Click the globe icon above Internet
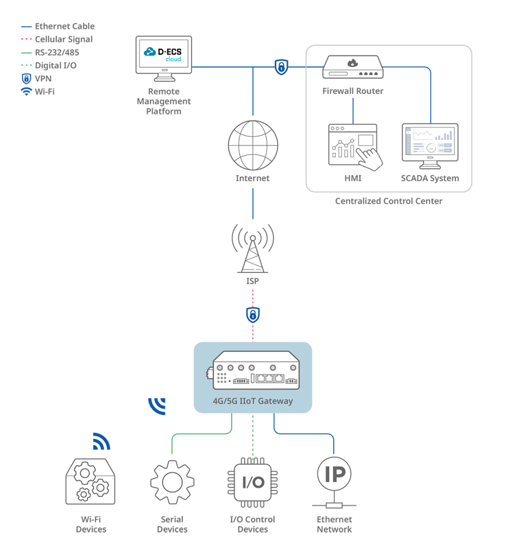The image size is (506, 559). tap(253, 145)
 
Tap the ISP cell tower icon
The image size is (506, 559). tap(253, 249)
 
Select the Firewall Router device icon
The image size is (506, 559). tap(353, 67)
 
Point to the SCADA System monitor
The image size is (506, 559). tap(430, 146)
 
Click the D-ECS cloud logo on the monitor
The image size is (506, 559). tap(164, 54)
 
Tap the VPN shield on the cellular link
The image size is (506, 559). tap(253, 315)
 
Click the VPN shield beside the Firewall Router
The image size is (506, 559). tap(281, 67)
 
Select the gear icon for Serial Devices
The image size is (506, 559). tap(172, 482)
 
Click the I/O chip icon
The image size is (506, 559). tap(253, 483)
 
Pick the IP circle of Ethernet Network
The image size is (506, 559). tap(334, 474)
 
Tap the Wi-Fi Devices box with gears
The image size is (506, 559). tap(91, 481)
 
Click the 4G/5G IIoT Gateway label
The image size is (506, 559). tap(253, 401)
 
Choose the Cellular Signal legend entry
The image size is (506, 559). tap(57, 39)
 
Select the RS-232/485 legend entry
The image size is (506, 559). tap(50, 52)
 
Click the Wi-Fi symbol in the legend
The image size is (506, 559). tap(26, 92)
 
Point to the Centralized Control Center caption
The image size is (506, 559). tap(389, 201)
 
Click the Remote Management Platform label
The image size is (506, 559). tap(164, 102)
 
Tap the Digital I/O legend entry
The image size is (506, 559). tap(49, 66)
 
